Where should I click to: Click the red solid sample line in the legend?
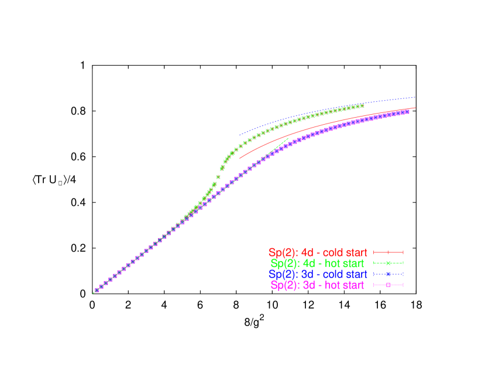point(388,253)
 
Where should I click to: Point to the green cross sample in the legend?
point(388,263)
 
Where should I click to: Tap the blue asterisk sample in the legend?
point(388,274)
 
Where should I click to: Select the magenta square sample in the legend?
point(388,285)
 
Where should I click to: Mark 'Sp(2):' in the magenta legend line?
point(285,285)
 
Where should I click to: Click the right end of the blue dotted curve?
point(415,97)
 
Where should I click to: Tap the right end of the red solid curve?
point(415,108)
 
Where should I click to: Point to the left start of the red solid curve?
point(239,159)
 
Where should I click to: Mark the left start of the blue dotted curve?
point(239,135)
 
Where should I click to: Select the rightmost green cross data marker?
point(363,106)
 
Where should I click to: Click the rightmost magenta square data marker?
point(408,111)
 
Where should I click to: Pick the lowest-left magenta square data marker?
point(97,290)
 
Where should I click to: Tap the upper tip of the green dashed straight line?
point(288,139)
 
